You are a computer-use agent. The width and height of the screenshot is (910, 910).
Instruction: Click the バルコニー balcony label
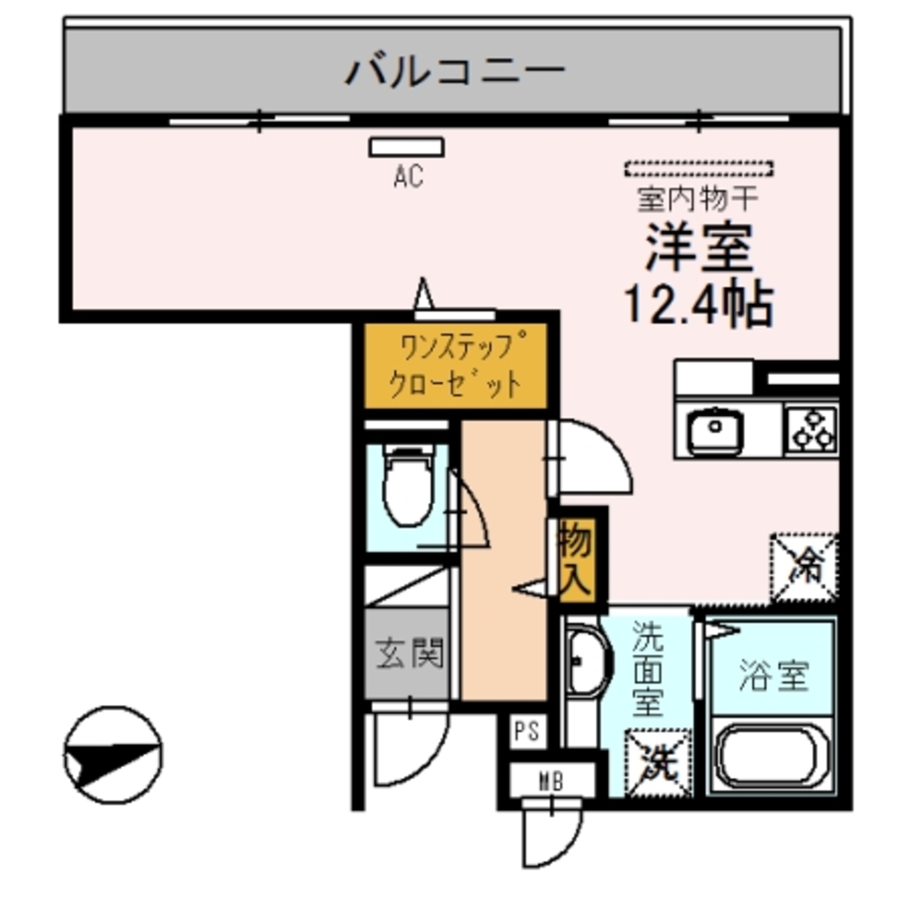(x=455, y=69)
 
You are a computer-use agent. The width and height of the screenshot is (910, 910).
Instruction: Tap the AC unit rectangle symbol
(x=407, y=147)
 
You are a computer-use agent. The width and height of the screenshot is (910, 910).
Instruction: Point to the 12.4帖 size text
(x=699, y=306)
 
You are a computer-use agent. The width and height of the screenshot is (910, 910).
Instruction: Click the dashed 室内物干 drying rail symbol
(x=699, y=168)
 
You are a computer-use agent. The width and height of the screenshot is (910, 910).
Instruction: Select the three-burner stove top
(x=812, y=429)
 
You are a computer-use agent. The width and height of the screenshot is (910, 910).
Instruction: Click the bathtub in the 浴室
(x=772, y=754)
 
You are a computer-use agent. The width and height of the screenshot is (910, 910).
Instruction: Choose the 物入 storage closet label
(x=575, y=561)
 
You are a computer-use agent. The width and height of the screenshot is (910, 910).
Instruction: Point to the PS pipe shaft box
(x=526, y=731)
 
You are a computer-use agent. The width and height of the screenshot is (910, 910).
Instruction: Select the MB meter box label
(x=550, y=780)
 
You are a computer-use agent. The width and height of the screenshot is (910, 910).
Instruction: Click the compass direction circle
(x=113, y=755)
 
